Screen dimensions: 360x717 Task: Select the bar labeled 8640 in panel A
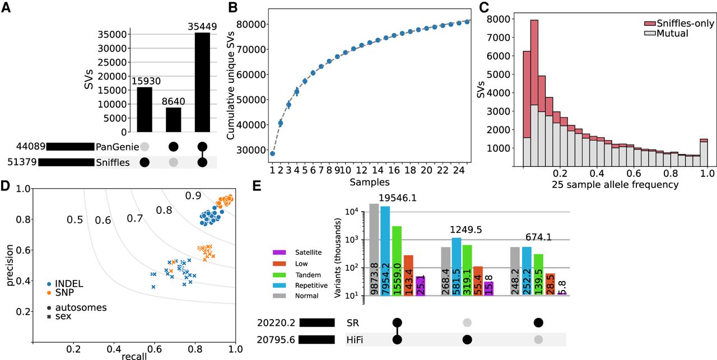(173, 120)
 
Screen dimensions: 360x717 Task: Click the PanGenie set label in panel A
(115, 147)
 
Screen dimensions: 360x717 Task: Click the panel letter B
(231, 8)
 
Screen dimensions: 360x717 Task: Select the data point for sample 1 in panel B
(272, 153)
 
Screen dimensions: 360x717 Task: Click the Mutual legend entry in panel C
(670, 33)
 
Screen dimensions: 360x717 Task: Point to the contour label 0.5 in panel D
(75, 220)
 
